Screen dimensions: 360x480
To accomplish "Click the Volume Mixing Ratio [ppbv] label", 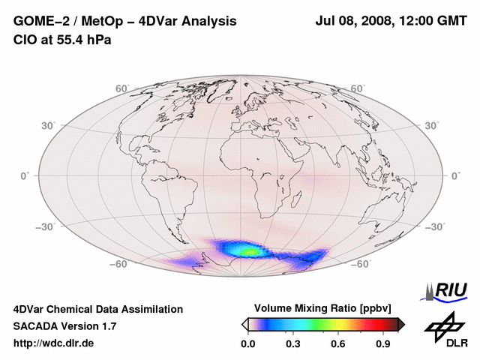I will [323, 308].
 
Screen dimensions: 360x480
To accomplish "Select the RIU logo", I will [445, 290].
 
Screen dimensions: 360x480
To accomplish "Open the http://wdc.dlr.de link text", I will [55, 343].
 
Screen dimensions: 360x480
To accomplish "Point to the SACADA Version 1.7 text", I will [64, 326].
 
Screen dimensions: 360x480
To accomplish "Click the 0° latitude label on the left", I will [25, 175].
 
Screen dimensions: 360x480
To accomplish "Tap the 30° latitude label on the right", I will [433, 124].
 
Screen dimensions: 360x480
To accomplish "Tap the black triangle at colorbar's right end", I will [401, 324].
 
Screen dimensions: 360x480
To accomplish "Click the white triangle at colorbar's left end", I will [244, 324].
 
